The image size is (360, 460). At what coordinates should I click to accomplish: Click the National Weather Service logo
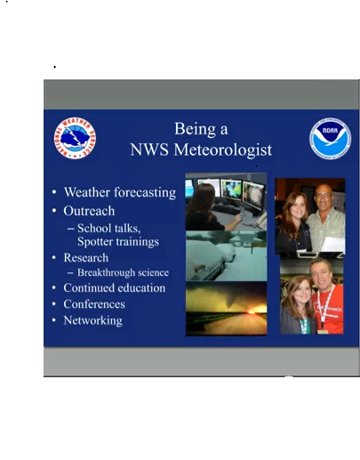tap(76, 138)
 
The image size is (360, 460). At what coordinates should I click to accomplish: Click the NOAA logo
tap(330, 140)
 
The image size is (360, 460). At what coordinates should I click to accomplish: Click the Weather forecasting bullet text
tap(119, 191)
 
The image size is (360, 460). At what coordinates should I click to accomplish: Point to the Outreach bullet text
tap(90, 211)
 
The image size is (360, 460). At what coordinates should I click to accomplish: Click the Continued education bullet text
tap(114, 288)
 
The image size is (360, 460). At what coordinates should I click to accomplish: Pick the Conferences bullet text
tap(94, 304)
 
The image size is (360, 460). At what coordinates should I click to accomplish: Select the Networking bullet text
tap(92, 320)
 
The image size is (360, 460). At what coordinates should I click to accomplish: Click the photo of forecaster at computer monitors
tap(226, 203)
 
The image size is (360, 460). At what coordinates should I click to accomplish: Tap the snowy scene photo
tap(226, 256)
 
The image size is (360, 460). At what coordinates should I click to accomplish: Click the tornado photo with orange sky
tap(226, 308)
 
